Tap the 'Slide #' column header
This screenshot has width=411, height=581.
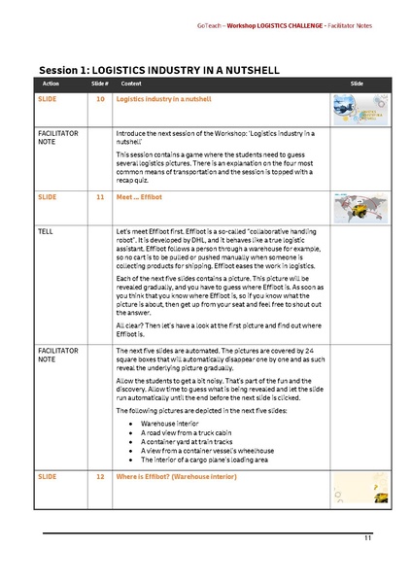[x=99, y=85]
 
